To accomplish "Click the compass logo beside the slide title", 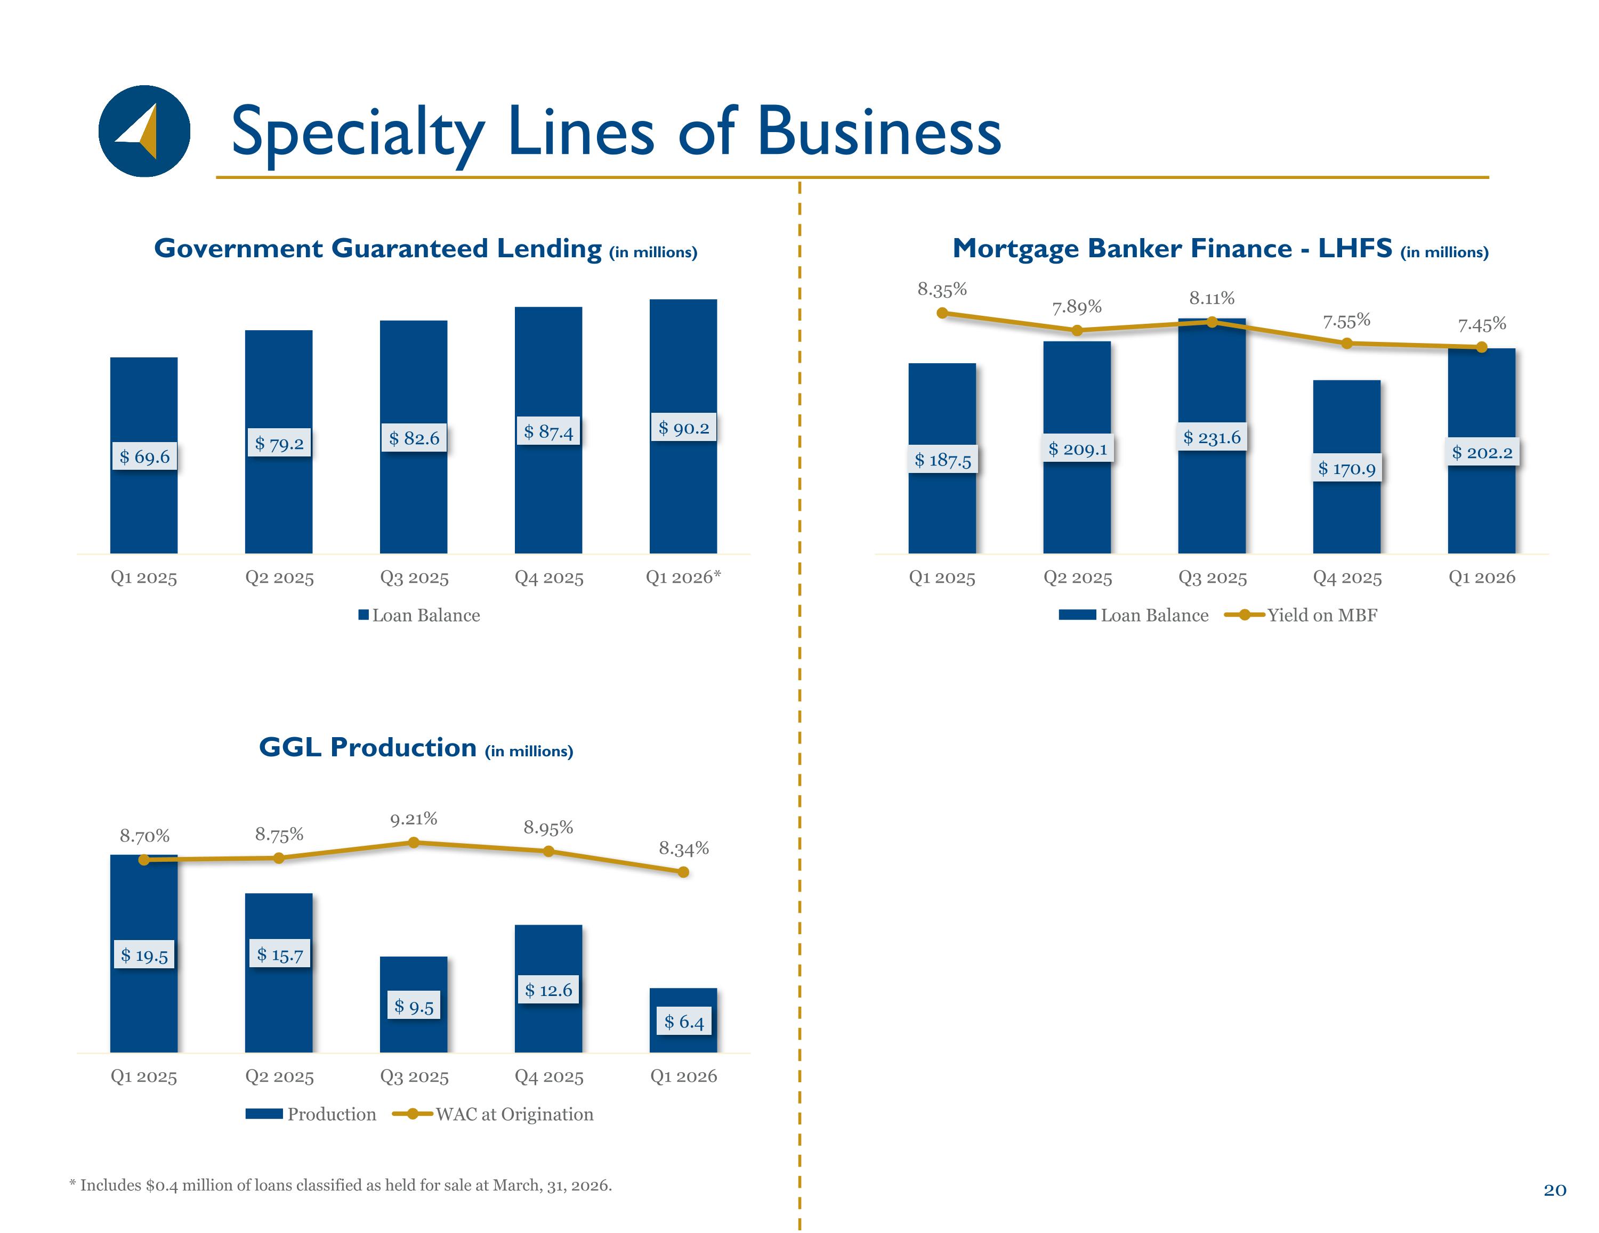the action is (144, 131).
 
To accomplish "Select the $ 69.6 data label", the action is (144, 456).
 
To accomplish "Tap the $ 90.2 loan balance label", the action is (683, 427).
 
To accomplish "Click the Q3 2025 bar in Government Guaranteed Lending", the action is (414, 437).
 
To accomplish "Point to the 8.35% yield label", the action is (942, 290).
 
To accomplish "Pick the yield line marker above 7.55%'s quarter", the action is (1347, 343).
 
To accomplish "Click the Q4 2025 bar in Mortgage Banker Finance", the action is (1347, 467).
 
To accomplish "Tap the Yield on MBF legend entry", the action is (1301, 615).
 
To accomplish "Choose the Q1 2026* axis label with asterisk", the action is (683, 577).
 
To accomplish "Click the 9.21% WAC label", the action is (414, 819).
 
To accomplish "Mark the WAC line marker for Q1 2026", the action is (683, 871).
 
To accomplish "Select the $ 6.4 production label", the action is (684, 1022).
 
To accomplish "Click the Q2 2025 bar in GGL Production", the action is (279, 973).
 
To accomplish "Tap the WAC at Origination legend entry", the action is (492, 1114).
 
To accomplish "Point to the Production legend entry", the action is (310, 1114).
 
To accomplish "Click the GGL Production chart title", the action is (416, 748).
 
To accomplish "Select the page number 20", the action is (1555, 1190).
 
